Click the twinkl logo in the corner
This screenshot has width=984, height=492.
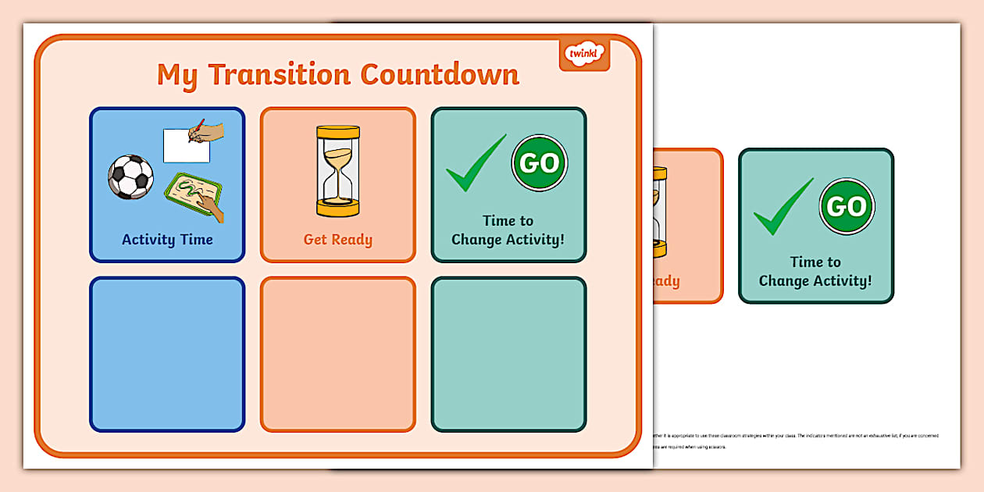click(584, 55)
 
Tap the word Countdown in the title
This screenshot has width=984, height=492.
click(440, 75)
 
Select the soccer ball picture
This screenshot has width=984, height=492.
click(130, 176)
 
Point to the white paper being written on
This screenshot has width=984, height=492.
click(186, 146)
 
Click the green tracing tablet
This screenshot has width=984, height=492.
click(193, 196)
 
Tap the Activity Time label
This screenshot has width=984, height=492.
click(167, 240)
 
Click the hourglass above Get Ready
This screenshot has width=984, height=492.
click(338, 171)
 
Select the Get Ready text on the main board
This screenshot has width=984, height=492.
click(338, 240)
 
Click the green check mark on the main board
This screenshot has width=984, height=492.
click(476, 164)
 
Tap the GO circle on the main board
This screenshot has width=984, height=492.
click(540, 163)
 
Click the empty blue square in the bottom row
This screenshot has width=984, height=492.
click(167, 354)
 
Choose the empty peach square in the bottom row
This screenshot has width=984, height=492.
click(338, 354)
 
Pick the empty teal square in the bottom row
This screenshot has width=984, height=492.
click(508, 354)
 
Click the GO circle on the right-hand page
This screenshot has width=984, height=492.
click(847, 206)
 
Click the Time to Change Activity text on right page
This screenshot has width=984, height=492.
click(815, 272)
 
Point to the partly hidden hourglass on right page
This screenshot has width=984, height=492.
click(661, 212)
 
